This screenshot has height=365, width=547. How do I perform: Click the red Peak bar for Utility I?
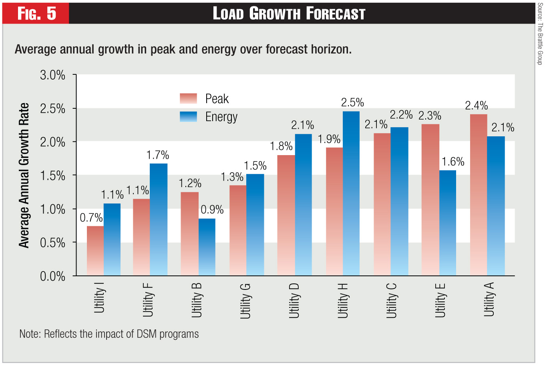pos(95,251)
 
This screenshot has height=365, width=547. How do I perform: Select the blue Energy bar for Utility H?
pos(351,193)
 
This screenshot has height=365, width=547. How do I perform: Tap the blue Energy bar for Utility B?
pos(207,247)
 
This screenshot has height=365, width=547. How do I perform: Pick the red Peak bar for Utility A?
pos(479,195)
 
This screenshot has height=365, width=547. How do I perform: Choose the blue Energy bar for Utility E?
pos(448,223)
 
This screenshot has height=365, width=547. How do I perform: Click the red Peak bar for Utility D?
pos(286,215)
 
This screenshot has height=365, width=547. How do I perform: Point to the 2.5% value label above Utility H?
pos(352,103)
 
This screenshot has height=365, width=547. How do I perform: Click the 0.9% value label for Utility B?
pos(212,210)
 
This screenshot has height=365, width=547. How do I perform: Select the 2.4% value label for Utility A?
pos(477,106)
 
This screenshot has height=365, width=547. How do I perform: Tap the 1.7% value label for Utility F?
pos(158,155)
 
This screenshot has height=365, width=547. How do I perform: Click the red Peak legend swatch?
pos(188,99)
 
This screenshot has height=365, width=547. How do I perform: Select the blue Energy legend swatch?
pos(188,117)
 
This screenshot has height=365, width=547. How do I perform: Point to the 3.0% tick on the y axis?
pos(52,75)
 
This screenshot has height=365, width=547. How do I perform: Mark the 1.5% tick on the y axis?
pos(52,176)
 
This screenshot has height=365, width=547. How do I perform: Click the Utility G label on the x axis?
pos(245,301)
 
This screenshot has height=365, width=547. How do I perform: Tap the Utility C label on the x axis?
pos(391,301)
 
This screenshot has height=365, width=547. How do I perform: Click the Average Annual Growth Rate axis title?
pos(24,176)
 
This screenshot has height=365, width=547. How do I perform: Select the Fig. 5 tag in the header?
pos(36,14)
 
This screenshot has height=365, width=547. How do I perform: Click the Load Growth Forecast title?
pos(289,14)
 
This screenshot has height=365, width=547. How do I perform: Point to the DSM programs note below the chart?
pos(109,334)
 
